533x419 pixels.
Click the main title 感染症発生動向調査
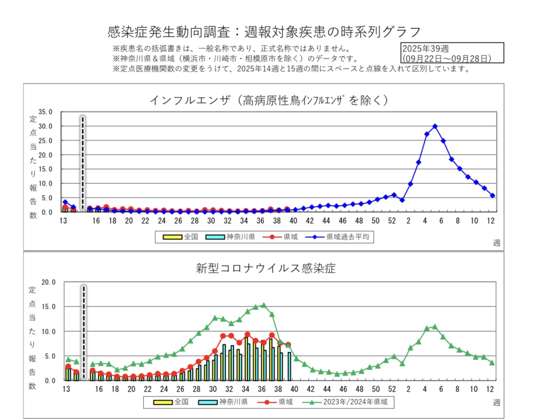tap(265, 32)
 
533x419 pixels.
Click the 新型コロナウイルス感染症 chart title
tap(266, 268)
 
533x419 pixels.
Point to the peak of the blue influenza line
tap(435, 126)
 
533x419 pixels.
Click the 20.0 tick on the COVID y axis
tap(49, 282)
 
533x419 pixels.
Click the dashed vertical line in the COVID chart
tap(83, 332)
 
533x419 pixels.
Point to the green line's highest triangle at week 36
tap(263, 305)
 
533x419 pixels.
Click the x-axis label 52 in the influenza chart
tap(392, 221)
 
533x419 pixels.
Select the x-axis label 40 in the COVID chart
tap(294, 389)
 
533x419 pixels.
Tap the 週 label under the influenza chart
tap(496, 243)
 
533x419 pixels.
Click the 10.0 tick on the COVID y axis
tap(49, 331)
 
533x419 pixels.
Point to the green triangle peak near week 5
tap(435, 327)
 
